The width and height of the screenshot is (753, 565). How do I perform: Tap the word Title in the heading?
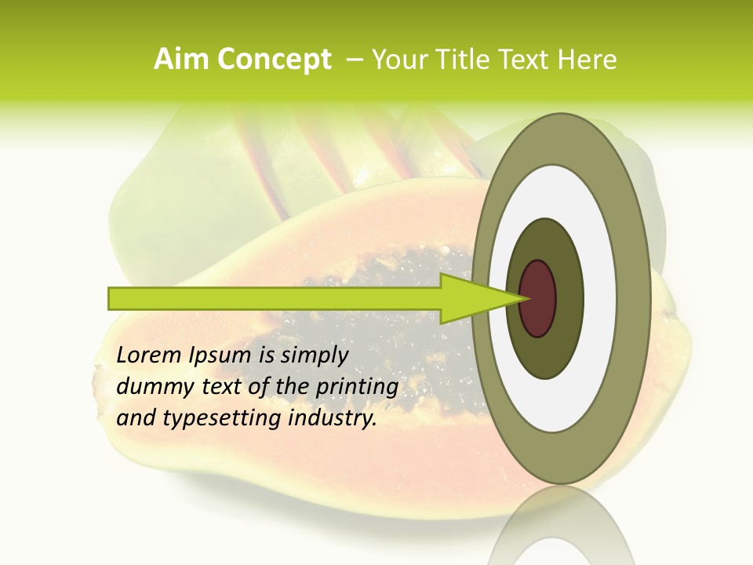[471, 60]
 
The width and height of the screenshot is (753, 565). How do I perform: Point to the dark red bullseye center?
[538, 298]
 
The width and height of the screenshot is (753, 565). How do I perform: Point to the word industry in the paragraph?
[333, 419]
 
